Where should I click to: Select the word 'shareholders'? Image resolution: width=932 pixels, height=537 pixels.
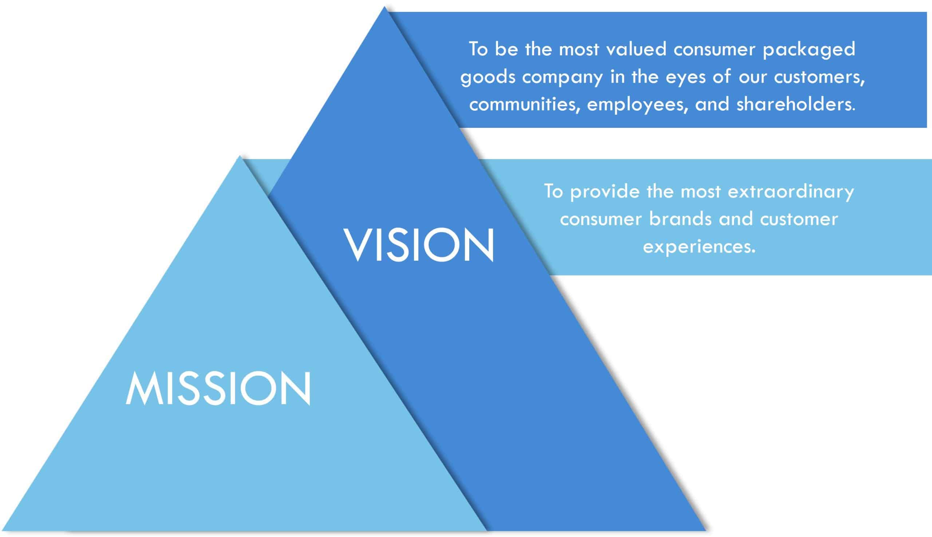pos(796,104)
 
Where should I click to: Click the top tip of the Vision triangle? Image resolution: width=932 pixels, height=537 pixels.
pos(384,6)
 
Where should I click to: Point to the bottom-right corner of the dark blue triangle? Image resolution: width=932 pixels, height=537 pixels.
pos(705,531)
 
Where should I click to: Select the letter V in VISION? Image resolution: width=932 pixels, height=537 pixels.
pos(357,245)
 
